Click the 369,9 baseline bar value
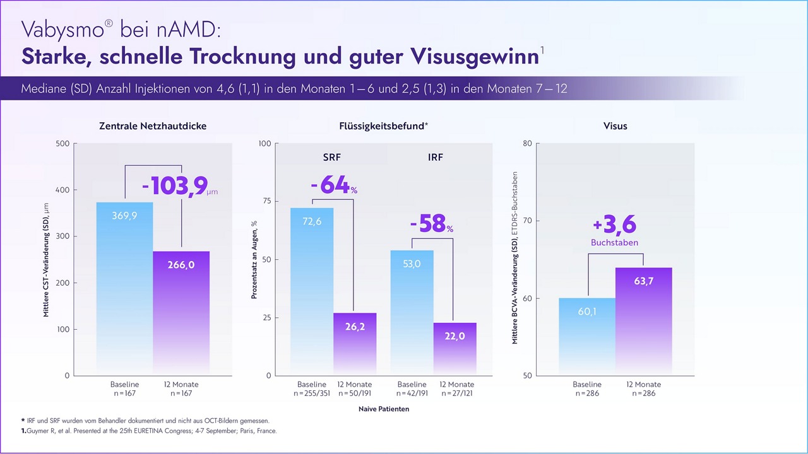point(124,216)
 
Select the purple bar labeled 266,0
point(181,265)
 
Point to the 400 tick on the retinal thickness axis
point(62,190)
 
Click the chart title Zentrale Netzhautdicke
point(153,126)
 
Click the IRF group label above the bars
point(436,157)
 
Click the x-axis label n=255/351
point(312,393)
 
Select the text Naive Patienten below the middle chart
point(384,409)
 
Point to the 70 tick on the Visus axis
point(528,221)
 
